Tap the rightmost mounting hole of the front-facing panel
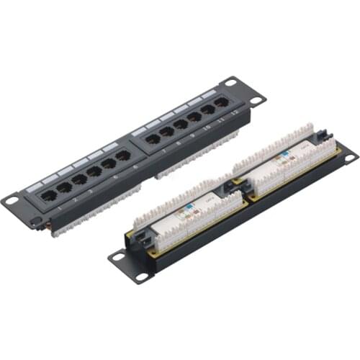coord(252,98)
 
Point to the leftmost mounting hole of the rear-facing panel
coord(117,256)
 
